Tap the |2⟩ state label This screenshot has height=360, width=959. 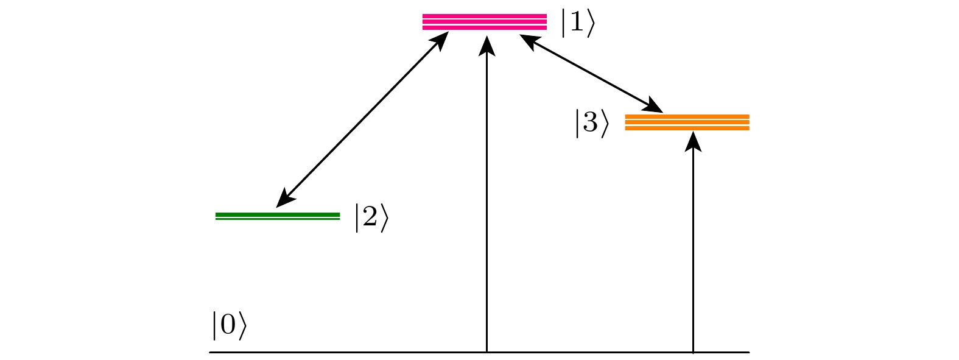click(371, 218)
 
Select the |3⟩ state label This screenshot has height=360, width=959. click(591, 123)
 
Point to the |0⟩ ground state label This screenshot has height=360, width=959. click(229, 324)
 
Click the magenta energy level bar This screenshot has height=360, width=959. click(485, 21)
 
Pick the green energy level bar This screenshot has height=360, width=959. click(278, 216)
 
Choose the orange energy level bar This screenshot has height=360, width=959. click(687, 122)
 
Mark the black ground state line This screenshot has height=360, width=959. click(365, 352)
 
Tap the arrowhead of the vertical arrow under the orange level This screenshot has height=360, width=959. click(693, 141)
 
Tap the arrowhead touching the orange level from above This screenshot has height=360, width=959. click(654, 106)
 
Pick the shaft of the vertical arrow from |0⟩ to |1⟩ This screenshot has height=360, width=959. click(487, 201)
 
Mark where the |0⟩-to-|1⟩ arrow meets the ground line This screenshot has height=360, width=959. click(487, 351)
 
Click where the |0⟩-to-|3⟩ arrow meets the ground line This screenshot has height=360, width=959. click(693, 351)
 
